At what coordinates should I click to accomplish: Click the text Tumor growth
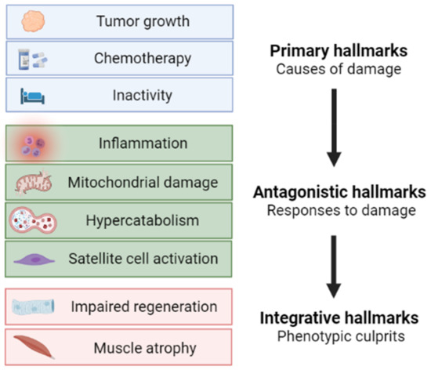point(143,21)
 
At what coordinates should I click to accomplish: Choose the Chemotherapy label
point(143,59)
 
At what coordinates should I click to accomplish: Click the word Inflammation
point(143,143)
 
